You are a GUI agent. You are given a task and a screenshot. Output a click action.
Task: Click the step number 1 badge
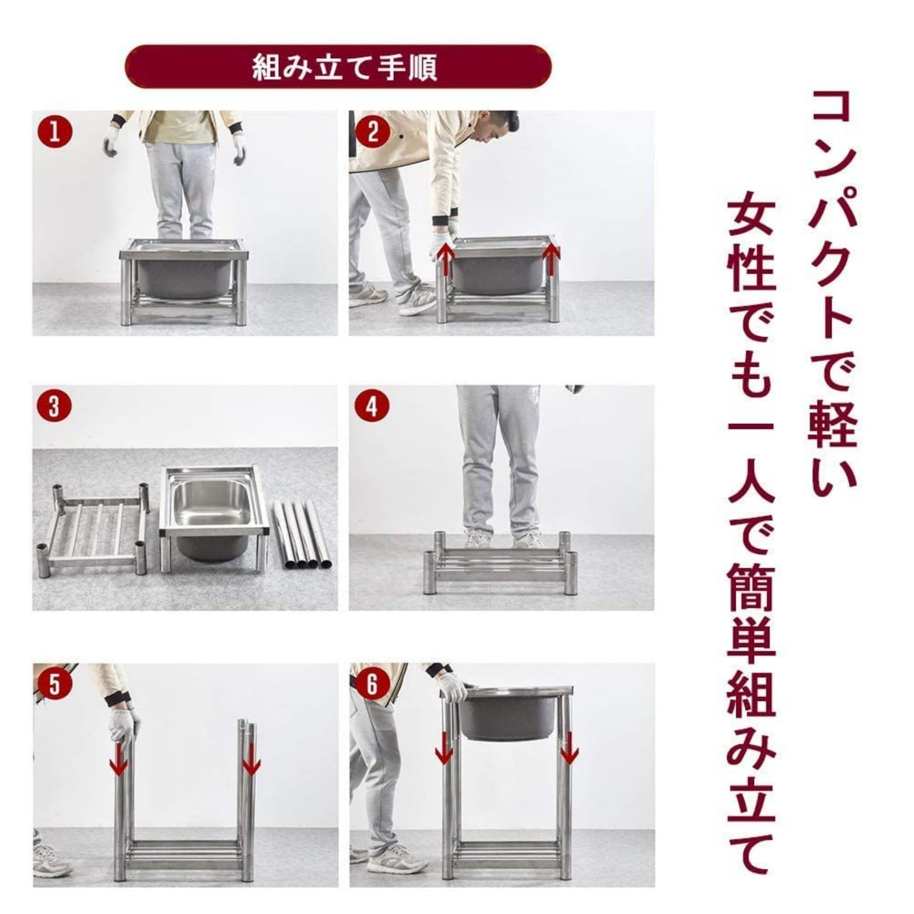(x=55, y=133)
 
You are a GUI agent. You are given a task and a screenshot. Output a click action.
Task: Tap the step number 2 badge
(x=372, y=133)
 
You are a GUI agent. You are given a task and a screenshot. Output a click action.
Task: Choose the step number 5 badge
(x=55, y=684)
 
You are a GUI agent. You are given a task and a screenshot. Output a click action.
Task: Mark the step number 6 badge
(x=372, y=684)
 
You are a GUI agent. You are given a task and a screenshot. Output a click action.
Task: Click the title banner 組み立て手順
(x=338, y=67)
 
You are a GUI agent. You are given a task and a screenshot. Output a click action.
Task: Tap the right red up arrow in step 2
(x=551, y=257)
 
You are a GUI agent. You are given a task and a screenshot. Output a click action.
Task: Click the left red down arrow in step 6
(x=444, y=749)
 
